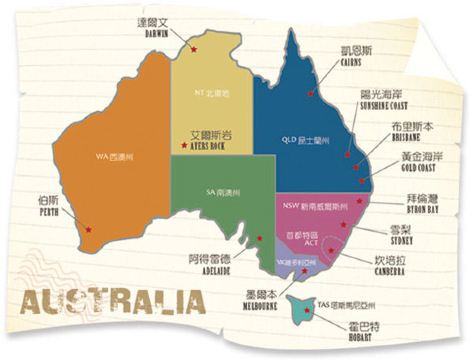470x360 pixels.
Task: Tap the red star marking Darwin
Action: (x=195, y=48)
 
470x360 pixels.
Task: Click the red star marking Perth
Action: (x=89, y=230)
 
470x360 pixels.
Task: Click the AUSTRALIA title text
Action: (x=111, y=301)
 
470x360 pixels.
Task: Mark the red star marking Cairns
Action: (x=311, y=93)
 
